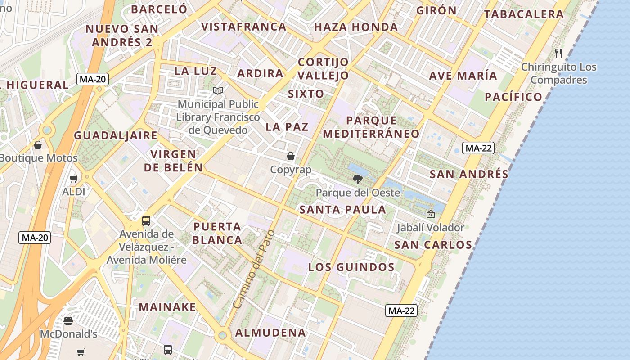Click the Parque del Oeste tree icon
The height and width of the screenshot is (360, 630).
(358, 180)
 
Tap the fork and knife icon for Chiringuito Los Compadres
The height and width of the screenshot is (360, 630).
(558, 54)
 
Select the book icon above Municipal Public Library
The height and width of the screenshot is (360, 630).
(218, 91)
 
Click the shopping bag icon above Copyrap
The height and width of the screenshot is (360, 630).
(291, 156)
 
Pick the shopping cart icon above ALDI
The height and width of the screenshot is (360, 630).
(74, 179)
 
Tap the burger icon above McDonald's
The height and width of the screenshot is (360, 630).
(68, 321)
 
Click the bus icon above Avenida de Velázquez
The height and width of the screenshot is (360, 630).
(146, 221)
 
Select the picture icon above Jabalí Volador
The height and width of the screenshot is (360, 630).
(431, 214)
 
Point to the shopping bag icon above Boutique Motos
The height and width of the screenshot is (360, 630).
(38, 145)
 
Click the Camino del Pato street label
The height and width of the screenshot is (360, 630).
(254, 270)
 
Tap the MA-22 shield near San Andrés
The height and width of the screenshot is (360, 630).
(479, 148)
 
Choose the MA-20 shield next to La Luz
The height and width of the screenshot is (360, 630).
(93, 80)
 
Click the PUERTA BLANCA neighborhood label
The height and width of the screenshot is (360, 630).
(217, 233)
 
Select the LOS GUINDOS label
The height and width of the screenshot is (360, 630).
(351, 267)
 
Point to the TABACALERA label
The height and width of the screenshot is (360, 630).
(524, 14)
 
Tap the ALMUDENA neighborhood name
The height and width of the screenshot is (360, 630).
(270, 333)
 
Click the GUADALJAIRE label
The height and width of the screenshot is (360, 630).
(116, 135)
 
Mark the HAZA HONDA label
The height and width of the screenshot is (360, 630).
(355, 27)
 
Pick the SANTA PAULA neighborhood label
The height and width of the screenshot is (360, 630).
(342, 209)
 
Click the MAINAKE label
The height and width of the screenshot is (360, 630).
(167, 307)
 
